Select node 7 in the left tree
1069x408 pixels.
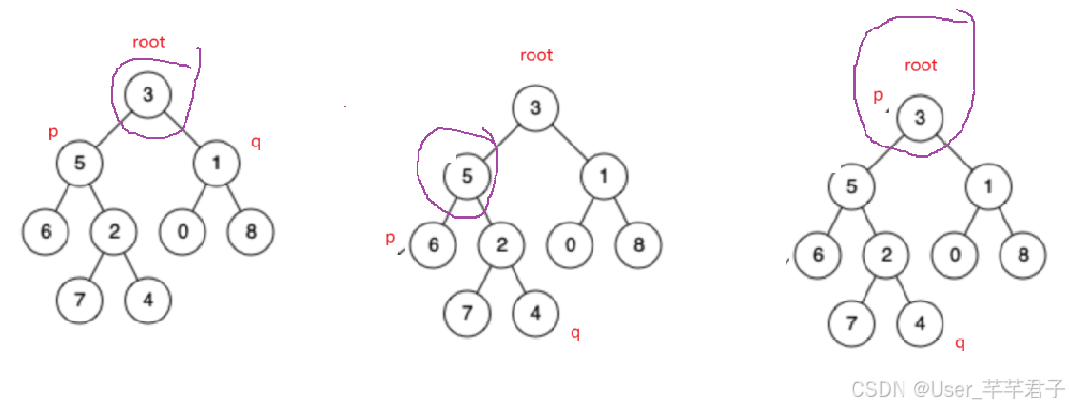pyautogui.click(x=80, y=301)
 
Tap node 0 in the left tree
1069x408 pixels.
pyautogui.click(x=182, y=231)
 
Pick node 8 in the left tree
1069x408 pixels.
pyautogui.click(x=249, y=231)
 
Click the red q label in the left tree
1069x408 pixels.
pyautogui.click(x=255, y=143)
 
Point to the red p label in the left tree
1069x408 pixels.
pyautogui.click(x=53, y=133)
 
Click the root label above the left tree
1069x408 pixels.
pyautogui.click(x=148, y=42)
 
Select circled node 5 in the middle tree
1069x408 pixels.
pyautogui.click(x=467, y=176)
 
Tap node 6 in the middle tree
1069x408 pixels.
pyautogui.click(x=434, y=245)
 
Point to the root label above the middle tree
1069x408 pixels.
pyautogui.click(x=536, y=55)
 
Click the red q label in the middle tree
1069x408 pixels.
pyautogui.click(x=574, y=332)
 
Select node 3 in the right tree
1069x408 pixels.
pyautogui.click(x=919, y=117)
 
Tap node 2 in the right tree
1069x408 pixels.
pyautogui.click(x=886, y=255)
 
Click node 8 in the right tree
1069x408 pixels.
pyautogui.click(x=1022, y=255)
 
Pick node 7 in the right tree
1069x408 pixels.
pyautogui.click(x=851, y=323)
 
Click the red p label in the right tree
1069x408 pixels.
pyautogui.click(x=877, y=96)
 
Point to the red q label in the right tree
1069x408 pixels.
pyautogui.click(x=960, y=343)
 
